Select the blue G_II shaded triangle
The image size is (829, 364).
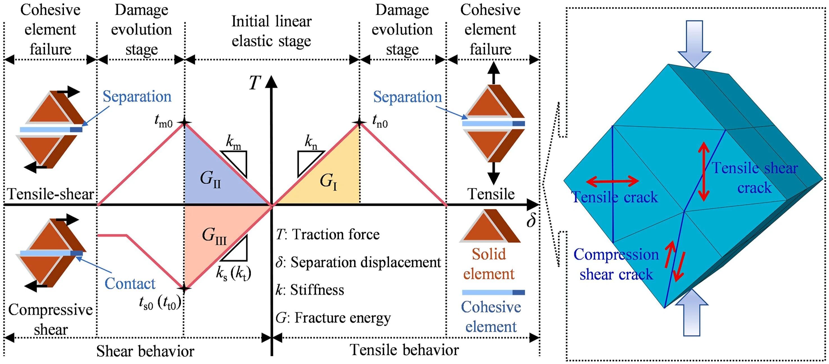(x=213, y=180)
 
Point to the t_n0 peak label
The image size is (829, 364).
(x=380, y=122)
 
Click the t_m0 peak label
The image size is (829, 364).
(x=163, y=122)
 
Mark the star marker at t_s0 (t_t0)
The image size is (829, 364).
(x=184, y=288)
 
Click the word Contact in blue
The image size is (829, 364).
(x=130, y=283)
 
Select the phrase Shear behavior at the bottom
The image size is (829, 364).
(x=145, y=351)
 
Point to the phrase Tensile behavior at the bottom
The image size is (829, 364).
(x=404, y=350)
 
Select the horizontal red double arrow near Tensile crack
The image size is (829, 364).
(x=613, y=181)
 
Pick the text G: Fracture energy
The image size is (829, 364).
(x=333, y=318)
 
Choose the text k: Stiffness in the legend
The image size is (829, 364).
(x=310, y=290)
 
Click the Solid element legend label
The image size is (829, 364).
(x=488, y=264)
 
